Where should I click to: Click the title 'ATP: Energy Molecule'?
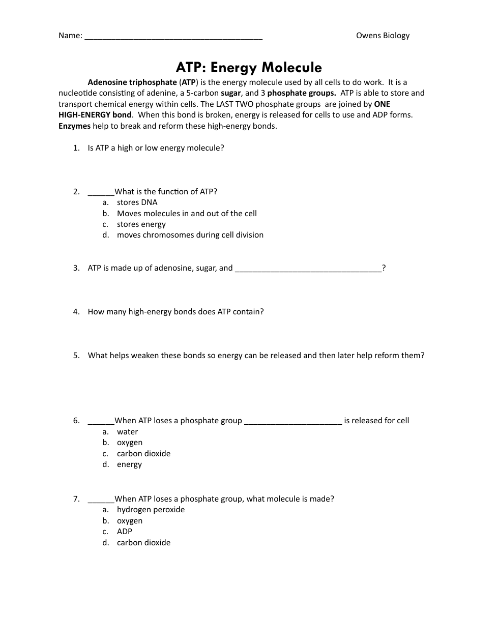(249, 68)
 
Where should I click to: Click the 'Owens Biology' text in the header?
(383, 36)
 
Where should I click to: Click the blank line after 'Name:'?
(173, 37)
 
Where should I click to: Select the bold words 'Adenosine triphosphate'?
(132, 82)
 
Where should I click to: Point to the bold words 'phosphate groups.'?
(301, 93)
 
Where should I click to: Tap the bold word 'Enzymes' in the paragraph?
(74, 126)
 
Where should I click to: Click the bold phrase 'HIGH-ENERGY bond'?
(95, 115)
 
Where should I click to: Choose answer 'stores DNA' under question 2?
(137, 202)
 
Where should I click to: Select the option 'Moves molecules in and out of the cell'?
(187, 214)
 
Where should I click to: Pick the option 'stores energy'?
(141, 224)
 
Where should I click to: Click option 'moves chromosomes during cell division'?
(190, 235)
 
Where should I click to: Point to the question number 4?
(76, 312)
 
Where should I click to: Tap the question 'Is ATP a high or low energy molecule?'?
(156, 148)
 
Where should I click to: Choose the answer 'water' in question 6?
(127, 432)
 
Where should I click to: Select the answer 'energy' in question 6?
(129, 464)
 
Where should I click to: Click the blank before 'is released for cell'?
(293, 422)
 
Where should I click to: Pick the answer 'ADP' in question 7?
(124, 532)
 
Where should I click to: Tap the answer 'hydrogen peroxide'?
(151, 510)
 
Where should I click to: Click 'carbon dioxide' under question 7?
(143, 543)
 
